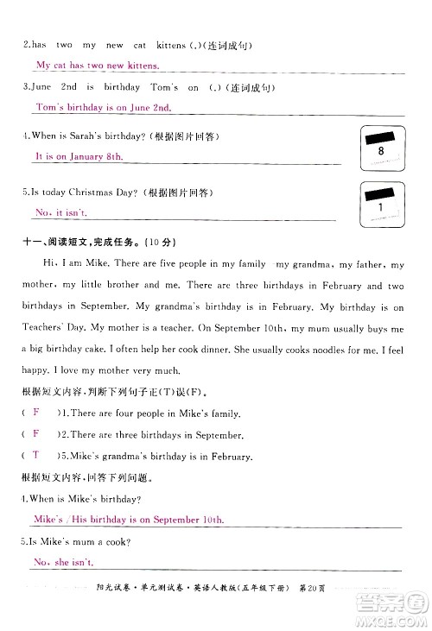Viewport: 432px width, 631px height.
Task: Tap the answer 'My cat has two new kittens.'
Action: (x=97, y=65)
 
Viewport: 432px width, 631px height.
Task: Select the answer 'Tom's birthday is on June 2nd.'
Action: (x=104, y=107)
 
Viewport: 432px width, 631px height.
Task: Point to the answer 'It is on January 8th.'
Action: (x=79, y=156)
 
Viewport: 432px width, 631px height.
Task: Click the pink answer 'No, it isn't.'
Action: (x=62, y=211)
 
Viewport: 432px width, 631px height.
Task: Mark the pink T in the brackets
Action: (x=35, y=454)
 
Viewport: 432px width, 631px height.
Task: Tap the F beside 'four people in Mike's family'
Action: (x=35, y=413)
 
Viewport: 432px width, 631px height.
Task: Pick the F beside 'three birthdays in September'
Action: (x=35, y=434)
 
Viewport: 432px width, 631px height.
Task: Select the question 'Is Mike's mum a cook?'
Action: (x=74, y=541)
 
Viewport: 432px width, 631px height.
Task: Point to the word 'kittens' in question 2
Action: (x=170, y=44)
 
